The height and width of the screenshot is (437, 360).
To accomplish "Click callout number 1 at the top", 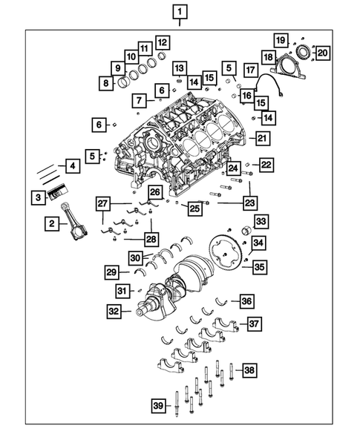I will [180, 12].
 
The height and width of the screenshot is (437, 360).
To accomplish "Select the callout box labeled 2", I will [52, 223].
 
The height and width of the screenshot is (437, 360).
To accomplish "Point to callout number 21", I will [261, 137].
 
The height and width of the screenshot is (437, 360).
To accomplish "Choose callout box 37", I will [255, 323].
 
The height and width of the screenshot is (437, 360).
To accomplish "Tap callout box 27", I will [103, 203].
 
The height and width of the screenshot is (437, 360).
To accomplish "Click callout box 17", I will [252, 70].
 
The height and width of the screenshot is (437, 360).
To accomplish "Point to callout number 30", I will [136, 257].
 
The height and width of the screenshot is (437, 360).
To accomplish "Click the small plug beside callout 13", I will [179, 80].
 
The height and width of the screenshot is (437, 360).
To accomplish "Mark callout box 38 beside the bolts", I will [250, 369].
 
